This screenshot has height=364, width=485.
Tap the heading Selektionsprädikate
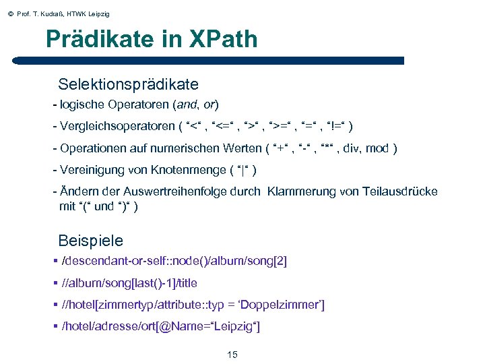tap(128, 85)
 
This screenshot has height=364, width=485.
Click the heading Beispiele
tap(91, 241)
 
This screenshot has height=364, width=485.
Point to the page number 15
tap(232, 355)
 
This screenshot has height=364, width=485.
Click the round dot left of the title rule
tap(15, 60)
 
